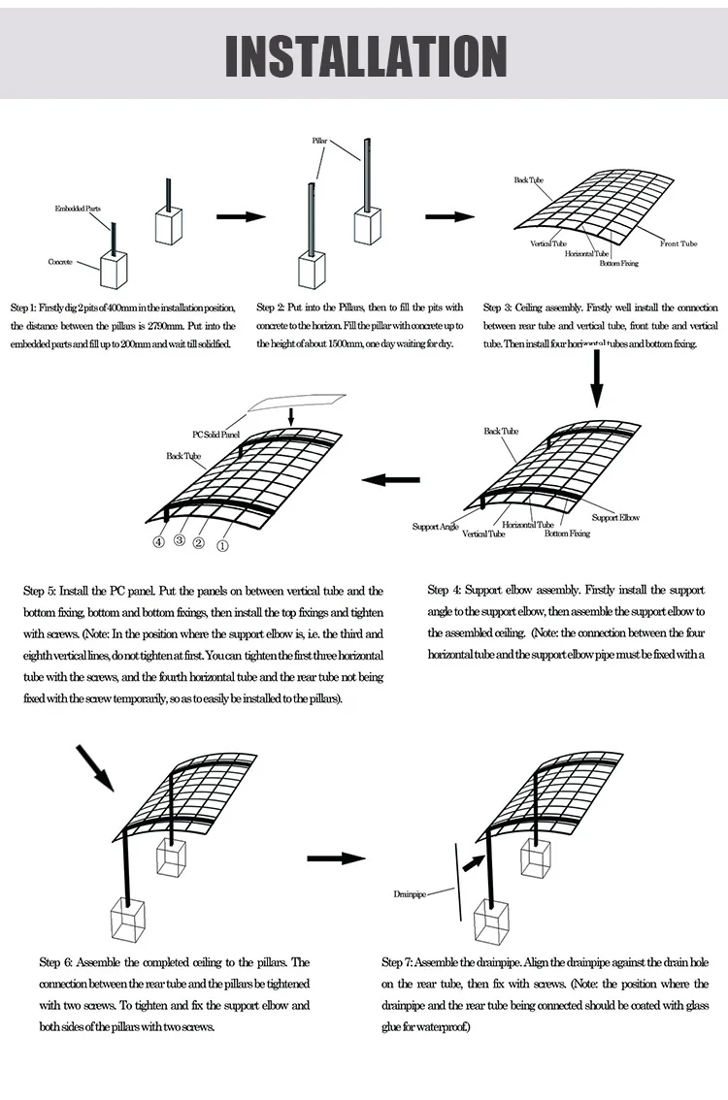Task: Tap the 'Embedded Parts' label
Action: pyautogui.click(x=77, y=209)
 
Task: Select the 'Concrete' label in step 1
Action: pyautogui.click(x=60, y=262)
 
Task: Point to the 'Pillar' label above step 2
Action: pyautogui.click(x=320, y=142)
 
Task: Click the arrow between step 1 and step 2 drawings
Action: pyautogui.click(x=241, y=216)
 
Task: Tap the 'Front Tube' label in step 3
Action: pyautogui.click(x=678, y=244)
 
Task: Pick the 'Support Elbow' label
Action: pyautogui.click(x=616, y=518)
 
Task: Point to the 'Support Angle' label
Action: pyautogui.click(x=435, y=527)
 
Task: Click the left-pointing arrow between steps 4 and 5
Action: pyautogui.click(x=391, y=478)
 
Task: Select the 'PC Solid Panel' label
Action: pyautogui.click(x=215, y=436)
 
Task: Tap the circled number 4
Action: pyautogui.click(x=159, y=542)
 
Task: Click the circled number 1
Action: pyautogui.click(x=222, y=545)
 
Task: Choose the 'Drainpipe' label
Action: pyautogui.click(x=411, y=892)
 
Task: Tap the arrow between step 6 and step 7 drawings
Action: pyautogui.click(x=336, y=858)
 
